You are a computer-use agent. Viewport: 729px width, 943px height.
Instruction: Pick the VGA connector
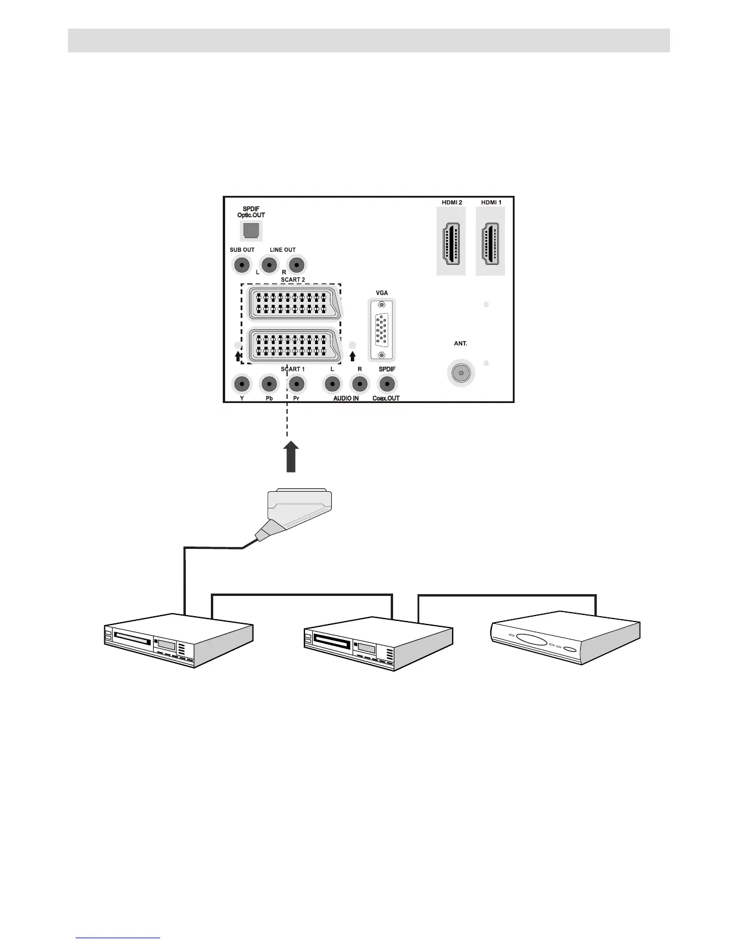point(382,330)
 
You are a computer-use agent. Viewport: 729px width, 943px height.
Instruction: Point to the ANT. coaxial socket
point(459,373)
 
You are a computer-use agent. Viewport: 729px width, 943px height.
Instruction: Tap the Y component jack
point(241,384)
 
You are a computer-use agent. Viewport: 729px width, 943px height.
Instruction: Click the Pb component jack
point(269,384)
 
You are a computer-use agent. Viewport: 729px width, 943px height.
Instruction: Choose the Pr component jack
point(296,384)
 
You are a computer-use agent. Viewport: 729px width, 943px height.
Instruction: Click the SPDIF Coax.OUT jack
point(387,384)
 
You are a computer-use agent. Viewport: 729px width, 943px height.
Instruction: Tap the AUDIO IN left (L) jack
point(332,384)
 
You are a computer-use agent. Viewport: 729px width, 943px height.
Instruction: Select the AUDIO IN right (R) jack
point(360,384)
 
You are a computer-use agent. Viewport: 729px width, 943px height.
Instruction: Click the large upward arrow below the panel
point(291,457)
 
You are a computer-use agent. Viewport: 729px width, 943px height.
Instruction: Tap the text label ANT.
point(460,344)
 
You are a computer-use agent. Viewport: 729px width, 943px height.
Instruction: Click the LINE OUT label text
point(282,250)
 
